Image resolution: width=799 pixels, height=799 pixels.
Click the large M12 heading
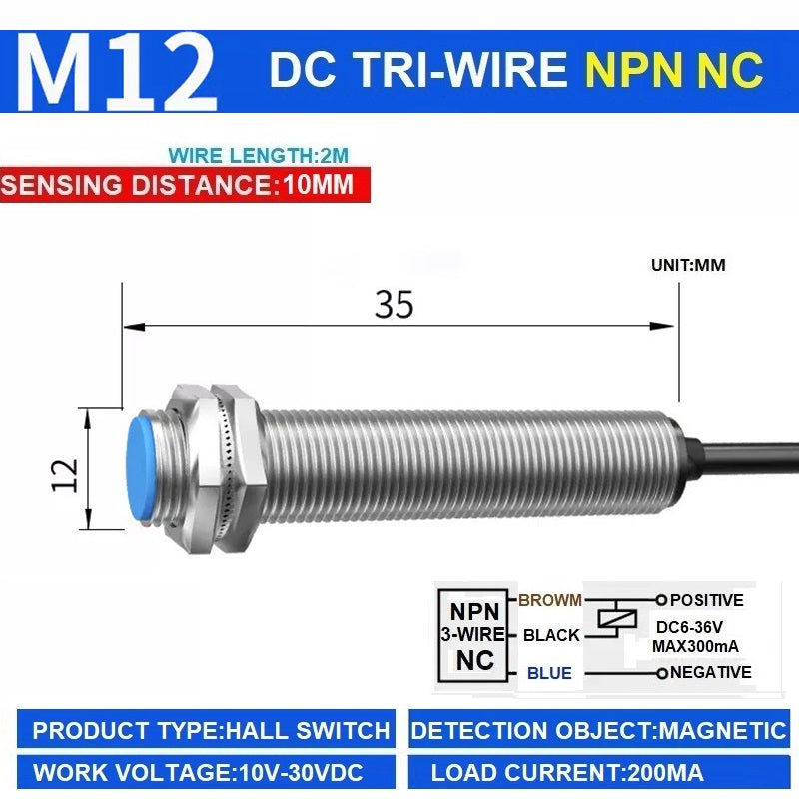click(117, 72)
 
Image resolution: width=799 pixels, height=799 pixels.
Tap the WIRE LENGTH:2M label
click(259, 155)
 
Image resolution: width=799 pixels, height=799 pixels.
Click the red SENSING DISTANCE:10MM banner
click(185, 184)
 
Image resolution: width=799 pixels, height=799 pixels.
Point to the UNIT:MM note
click(688, 265)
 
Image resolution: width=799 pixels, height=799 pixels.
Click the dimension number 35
click(394, 305)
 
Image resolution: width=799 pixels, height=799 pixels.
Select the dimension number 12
click(65, 475)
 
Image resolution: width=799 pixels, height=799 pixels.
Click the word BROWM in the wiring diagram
click(550, 600)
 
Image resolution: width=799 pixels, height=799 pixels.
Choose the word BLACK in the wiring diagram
click(551, 635)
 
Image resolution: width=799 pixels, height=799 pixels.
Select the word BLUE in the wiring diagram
click(549, 673)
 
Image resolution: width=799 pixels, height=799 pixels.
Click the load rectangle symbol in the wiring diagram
click(617, 618)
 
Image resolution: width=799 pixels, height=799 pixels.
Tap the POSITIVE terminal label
click(706, 600)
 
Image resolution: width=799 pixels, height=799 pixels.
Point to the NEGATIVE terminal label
click(710, 672)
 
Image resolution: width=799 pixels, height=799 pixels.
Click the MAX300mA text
click(695, 646)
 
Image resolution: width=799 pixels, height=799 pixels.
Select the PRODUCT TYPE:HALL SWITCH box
click(207, 729)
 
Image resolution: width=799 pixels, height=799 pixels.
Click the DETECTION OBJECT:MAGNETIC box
click(599, 729)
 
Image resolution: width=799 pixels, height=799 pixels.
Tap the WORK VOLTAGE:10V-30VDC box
click(207, 772)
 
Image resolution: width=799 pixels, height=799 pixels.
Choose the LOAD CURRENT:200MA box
click(599, 772)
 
